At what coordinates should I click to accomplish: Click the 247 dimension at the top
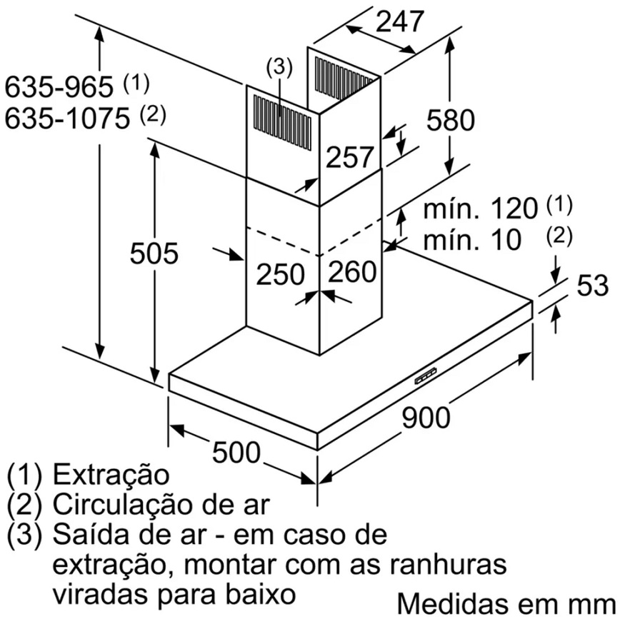point(400,21)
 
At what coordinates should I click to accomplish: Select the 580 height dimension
point(451,120)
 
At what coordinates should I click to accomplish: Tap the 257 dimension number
point(349,157)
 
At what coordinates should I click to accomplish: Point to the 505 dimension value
point(154,253)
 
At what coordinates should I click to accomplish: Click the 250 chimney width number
point(280,274)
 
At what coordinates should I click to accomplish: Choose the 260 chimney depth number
point(352,271)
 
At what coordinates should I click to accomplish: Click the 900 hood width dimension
point(426,418)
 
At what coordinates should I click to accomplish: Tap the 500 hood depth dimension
point(236,453)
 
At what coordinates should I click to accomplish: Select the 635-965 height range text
point(59,87)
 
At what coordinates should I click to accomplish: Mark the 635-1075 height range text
point(67,119)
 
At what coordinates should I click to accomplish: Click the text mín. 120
point(481,208)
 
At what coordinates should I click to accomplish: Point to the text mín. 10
point(472,240)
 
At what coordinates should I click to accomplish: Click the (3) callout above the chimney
point(279,68)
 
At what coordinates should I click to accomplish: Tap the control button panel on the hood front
point(426,376)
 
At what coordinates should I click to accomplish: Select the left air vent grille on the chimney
point(282,123)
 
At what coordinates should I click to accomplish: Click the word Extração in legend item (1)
point(111,475)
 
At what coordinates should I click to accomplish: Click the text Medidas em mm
point(507,603)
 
